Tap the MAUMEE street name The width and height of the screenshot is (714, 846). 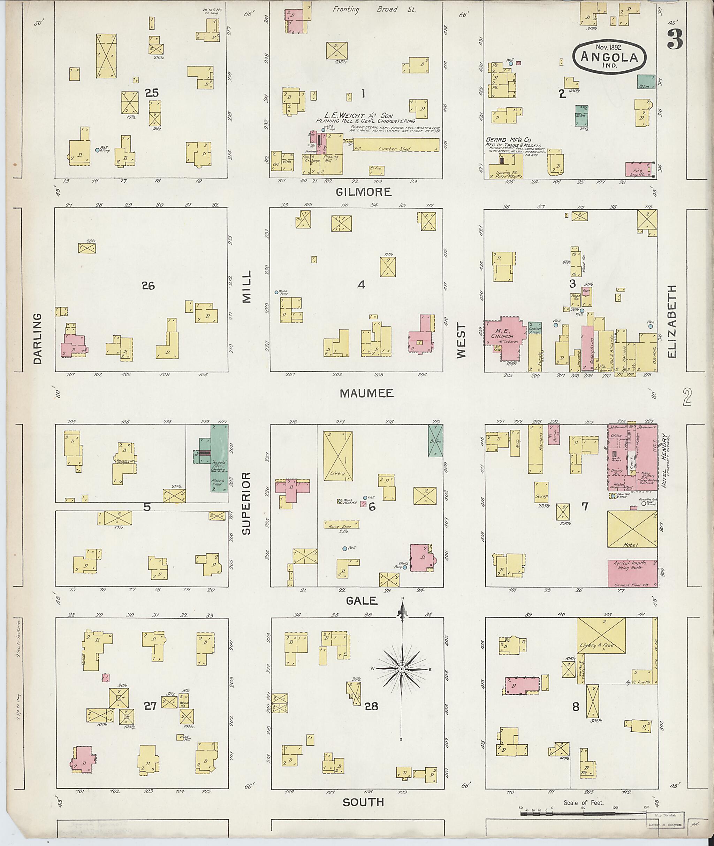click(x=367, y=393)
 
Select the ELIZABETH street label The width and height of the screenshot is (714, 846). click(x=672, y=321)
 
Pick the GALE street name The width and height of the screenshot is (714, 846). click(x=362, y=601)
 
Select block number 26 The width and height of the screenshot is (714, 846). click(x=148, y=286)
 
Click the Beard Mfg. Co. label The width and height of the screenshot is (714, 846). click(x=503, y=140)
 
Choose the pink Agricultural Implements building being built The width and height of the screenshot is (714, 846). click(x=631, y=573)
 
